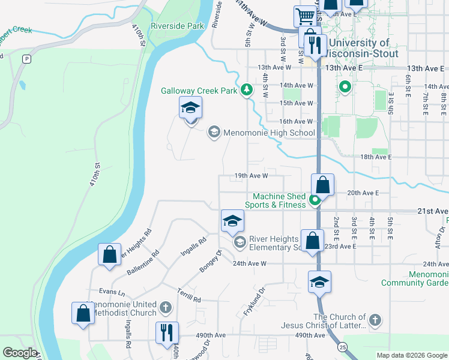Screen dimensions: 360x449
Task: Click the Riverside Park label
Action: coord(177,26)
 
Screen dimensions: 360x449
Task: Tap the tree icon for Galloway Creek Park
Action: coord(246,90)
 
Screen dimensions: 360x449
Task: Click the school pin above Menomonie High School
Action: coord(191,108)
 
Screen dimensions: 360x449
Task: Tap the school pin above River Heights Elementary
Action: coord(232,221)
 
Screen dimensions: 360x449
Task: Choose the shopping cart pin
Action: coord(305,16)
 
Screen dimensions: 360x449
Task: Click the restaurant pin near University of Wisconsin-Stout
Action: coord(315,44)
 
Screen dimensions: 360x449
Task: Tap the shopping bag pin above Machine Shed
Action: coord(323,185)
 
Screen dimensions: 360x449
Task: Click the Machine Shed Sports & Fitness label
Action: coord(279,201)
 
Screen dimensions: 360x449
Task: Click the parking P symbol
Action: coord(26,59)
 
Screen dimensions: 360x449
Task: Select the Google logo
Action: coord(20,352)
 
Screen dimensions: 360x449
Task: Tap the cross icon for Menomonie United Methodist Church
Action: coord(166,308)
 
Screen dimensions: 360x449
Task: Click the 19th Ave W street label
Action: coord(250,176)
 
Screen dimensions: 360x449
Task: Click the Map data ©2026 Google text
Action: coord(411,355)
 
